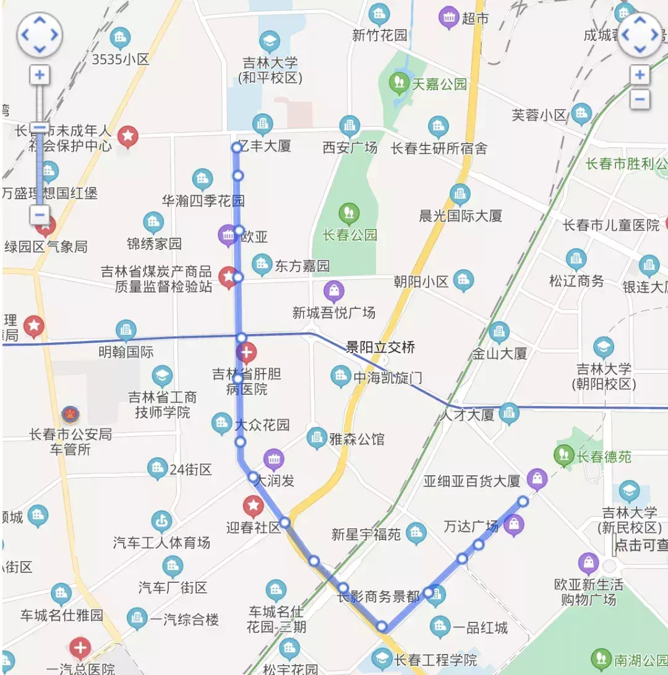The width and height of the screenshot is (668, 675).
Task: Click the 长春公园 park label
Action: tap(349, 235)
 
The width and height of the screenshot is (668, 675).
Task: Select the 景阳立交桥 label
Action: tap(380, 348)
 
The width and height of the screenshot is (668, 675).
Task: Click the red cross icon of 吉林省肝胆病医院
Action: tap(246, 354)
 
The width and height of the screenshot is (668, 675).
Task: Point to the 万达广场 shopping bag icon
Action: tap(514, 525)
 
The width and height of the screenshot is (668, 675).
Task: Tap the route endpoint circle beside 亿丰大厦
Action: tap(236, 147)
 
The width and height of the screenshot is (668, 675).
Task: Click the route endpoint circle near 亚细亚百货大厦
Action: tap(523, 501)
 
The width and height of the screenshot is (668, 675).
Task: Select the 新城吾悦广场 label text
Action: tap(334, 312)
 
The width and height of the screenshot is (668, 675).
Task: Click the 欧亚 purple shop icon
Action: tap(227, 235)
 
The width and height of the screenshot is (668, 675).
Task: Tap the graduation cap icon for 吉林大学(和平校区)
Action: tap(269, 42)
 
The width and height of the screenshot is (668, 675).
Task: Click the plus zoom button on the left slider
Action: tap(40, 75)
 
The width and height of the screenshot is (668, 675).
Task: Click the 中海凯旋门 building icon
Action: tap(340, 376)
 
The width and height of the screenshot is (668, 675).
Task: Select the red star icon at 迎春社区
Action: tap(253, 505)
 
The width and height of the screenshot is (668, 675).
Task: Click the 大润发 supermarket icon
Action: tap(273, 459)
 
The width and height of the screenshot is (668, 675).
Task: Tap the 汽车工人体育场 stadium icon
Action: tap(161, 521)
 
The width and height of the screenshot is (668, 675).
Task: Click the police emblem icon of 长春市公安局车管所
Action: tap(71, 414)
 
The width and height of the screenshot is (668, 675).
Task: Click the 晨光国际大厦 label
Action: tap(461, 216)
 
